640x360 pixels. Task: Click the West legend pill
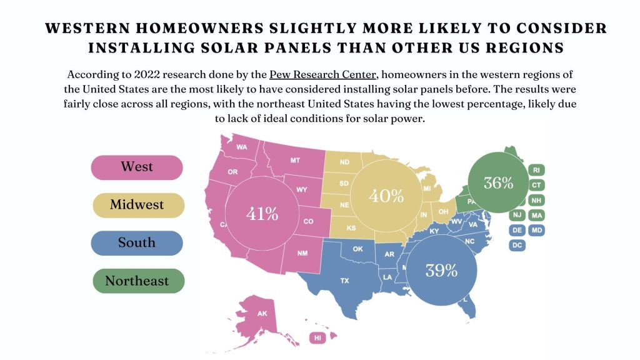[137, 167]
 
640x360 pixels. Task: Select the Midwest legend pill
[137, 205]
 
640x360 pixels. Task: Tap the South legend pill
[137, 243]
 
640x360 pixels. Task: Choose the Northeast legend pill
[137, 281]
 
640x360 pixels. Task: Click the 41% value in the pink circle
[262, 214]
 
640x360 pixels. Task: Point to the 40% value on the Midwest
[386, 196]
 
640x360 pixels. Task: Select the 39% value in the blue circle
[441, 270]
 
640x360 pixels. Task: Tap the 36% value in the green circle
[498, 183]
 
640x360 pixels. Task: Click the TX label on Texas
[344, 281]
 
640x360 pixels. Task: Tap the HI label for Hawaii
[318, 338]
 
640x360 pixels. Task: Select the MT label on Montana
[295, 161]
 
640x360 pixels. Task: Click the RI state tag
[536, 170]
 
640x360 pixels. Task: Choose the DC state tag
[517, 245]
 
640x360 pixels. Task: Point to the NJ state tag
[517, 215]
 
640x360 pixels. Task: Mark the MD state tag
[536, 230]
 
